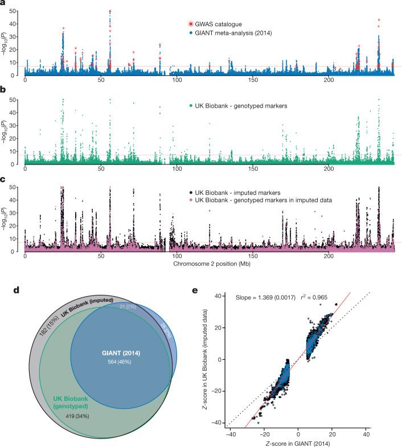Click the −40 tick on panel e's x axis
coord(231,434)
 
